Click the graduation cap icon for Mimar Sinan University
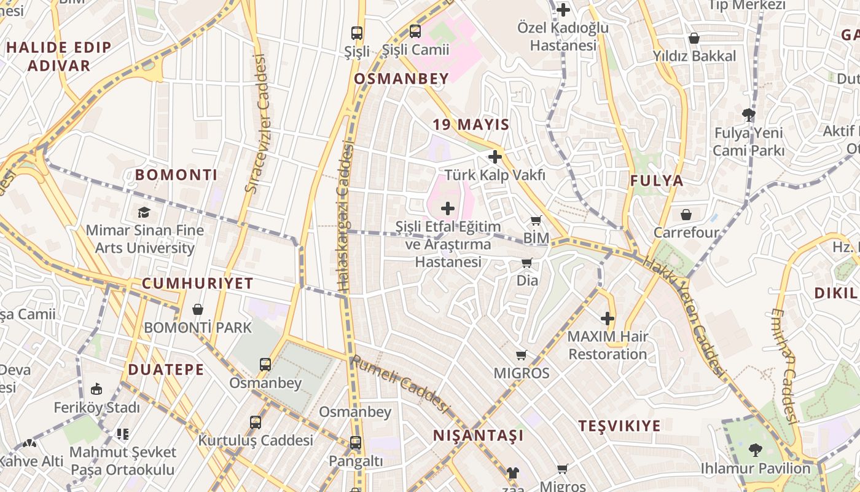coord(144,213)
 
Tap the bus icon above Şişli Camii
coord(415,31)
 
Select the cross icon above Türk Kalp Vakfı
coord(495,157)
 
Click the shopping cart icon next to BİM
coord(536,220)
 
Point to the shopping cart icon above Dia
coord(527,263)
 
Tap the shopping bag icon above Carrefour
coord(686,215)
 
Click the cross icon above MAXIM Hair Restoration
coord(608,319)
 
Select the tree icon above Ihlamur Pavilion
coord(755,450)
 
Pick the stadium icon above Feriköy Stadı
coord(96,389)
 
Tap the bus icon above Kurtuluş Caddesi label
coord(256,423)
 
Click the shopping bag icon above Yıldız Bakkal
coord(694,38)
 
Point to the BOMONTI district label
coord(176,175)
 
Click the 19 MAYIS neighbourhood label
coord(471,125)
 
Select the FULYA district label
coord(657,181)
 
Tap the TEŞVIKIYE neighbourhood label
coord(620,426)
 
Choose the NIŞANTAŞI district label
coord(479,435)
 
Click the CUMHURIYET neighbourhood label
coord(197,284)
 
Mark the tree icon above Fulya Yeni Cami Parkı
coord(748,114)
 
